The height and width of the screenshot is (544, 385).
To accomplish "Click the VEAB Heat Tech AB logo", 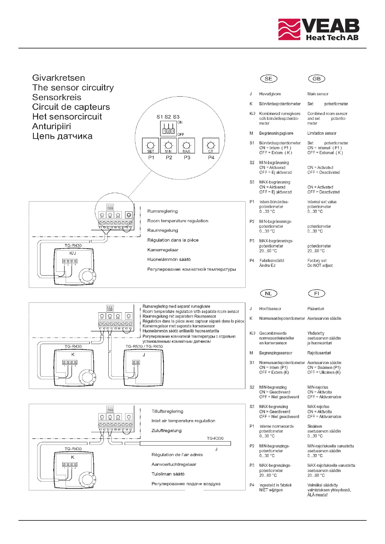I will coord(318,29).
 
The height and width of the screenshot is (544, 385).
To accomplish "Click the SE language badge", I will coord(268,78).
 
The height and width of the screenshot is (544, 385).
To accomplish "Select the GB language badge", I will coord(316,78).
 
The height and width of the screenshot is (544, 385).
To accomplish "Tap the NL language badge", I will coord(268,293).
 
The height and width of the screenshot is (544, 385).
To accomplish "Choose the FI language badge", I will coord(316,293).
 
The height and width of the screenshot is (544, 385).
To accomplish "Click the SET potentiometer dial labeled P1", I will coord(151,145).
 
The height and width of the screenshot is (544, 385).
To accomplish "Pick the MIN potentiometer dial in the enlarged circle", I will coord(168,145).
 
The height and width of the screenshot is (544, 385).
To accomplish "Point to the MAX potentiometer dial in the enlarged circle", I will coord(187,145).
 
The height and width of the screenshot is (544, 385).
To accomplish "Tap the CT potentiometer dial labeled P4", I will coord(211,145).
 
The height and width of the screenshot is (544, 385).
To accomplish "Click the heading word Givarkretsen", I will coord(59,78).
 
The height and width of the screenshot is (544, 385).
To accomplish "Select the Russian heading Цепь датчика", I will coord(62,136).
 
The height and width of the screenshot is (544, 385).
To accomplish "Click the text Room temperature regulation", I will coord(178,221).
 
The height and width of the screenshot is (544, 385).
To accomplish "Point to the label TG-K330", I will coord(215,438).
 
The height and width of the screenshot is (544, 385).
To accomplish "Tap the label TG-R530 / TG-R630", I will coord(144,346).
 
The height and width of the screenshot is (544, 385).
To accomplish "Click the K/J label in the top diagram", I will coord(73,253).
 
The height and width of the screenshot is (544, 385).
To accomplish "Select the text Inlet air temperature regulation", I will coord(183,421).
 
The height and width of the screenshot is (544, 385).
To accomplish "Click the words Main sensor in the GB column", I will coord(318,94).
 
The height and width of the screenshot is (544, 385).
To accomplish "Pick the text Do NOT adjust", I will coord(320,266).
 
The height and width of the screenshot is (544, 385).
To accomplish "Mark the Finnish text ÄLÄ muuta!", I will coord(317,495).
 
